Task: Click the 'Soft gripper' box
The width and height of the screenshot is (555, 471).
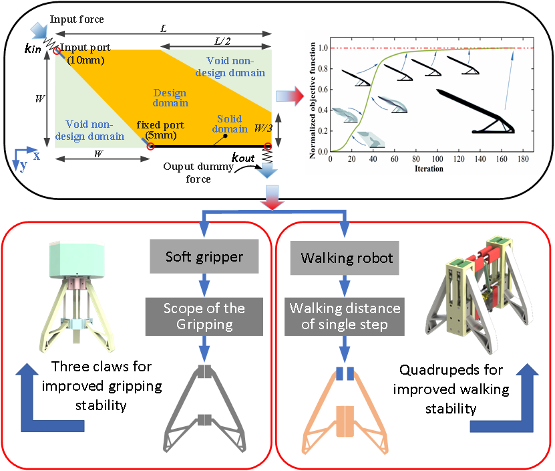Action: (x=204, y=258)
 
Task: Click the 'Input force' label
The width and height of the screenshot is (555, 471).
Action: (x=77, y=19)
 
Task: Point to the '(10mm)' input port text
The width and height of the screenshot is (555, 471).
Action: (x=85, y=59)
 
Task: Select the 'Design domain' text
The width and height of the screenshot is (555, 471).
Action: (x=170, y=98)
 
